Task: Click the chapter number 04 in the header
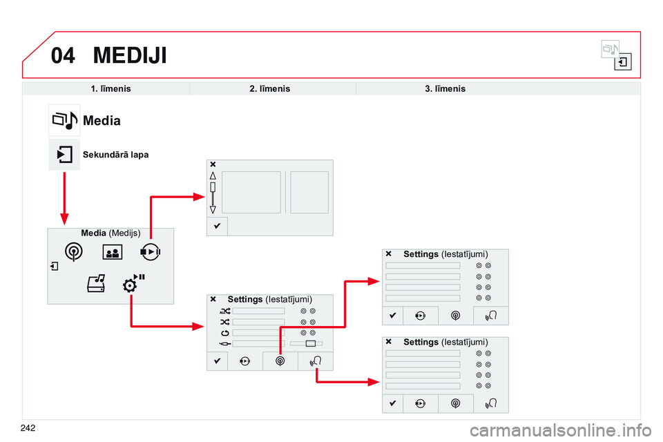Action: click(x=63, y=55)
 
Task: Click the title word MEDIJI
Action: click(x=130, y=55)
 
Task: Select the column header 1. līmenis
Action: click(x=110, y=89)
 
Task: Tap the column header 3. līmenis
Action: click(x=445, y=89)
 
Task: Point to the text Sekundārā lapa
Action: click(x=115, y=155)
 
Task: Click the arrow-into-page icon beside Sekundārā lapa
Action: click(x=64, y=154)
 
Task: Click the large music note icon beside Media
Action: click(x=64, y=120)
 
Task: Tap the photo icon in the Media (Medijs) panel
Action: click(x=111, y=252)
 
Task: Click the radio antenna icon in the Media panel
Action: click(x=75, y=252)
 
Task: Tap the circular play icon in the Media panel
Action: click(x=149, y=252)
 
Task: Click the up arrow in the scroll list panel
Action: click(x=213, y=175)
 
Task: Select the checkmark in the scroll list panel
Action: click(x=216, y=226)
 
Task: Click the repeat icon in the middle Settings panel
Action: click(x=224, y=333)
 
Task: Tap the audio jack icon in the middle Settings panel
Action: click(x=224, y=343)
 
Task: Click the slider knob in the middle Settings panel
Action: click(x=310, y=343)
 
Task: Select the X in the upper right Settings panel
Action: click(x=388, y=254)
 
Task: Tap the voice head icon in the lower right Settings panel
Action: click(x=491, y=403)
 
